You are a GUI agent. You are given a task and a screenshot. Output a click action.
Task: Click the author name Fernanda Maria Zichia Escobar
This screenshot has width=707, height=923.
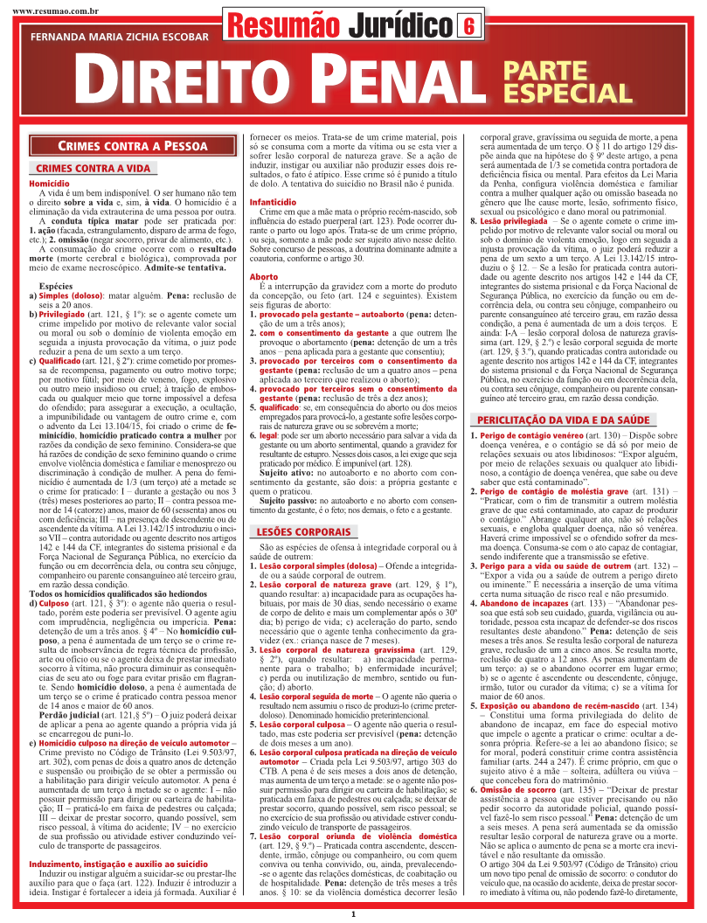tap(119, 38)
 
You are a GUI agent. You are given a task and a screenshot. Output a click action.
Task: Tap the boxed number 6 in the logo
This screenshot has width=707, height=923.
tap(468, 26)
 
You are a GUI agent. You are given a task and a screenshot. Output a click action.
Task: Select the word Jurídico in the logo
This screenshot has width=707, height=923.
tap(399, 26)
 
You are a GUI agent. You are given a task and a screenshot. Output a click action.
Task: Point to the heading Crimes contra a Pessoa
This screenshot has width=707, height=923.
tap(132, 146)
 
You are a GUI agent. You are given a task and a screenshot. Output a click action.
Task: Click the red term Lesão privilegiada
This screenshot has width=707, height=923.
tap(514, 223)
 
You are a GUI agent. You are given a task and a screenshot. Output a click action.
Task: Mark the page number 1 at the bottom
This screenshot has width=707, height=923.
tap(353, 914)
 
